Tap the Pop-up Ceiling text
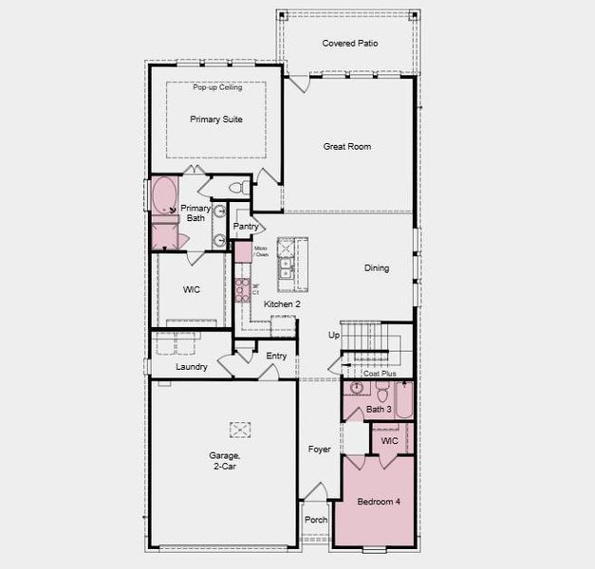coord(217,87)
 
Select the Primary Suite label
coord(216,119)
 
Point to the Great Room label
coord(346,147)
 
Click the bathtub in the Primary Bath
coord(165,196)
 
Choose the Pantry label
coord(246,227)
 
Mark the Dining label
coord(377,268)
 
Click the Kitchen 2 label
coord(282,304)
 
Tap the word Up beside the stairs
coord(333,336)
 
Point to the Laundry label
coord(192,367)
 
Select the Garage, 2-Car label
coord(225,461)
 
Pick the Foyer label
coord(320,450)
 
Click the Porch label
coord(315,520)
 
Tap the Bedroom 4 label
coord(378,502)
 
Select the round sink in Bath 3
coord(358,388)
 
